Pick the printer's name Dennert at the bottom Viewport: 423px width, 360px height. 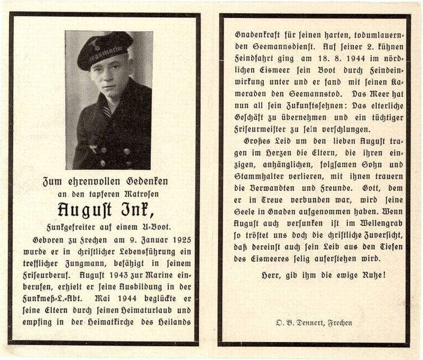point(310,322)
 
